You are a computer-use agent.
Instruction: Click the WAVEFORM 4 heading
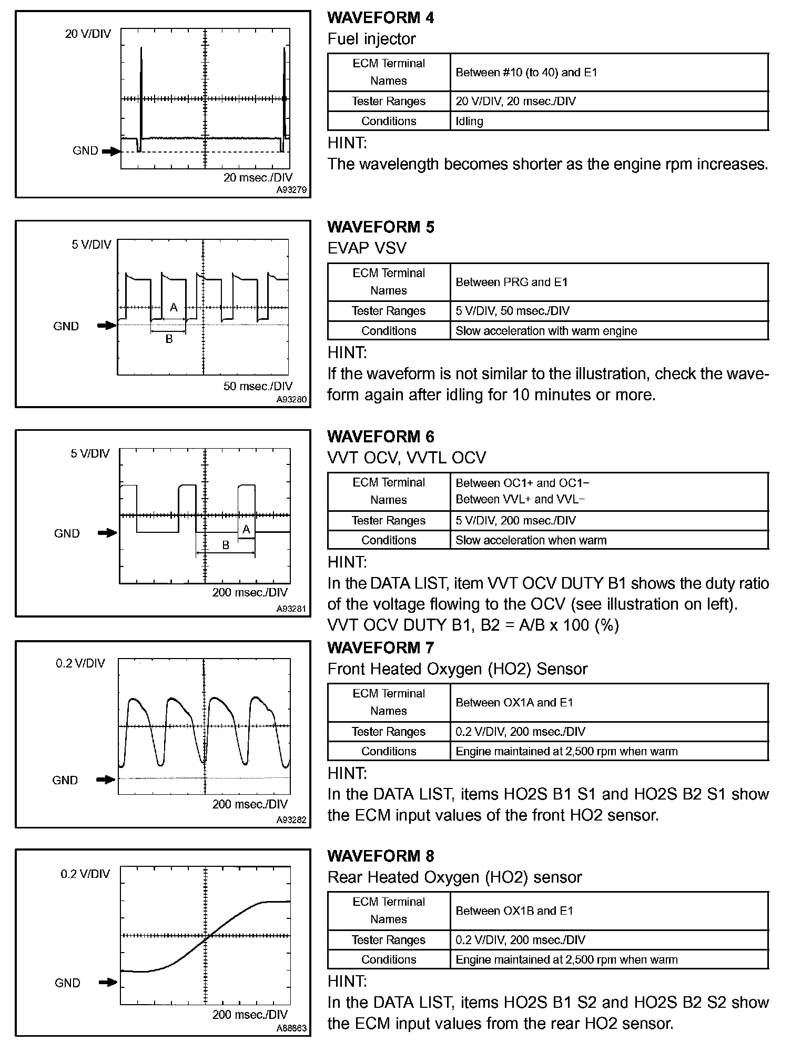coord(381,17)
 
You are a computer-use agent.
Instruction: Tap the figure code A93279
coord(291,190)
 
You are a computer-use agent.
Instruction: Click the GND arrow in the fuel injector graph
coord(111,151)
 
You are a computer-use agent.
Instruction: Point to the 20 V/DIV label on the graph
coord(88,34)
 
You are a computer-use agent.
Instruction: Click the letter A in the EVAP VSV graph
coord(174,308)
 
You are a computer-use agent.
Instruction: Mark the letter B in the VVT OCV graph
coord(226,545)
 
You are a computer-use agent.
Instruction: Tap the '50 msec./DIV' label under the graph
coord(258,386)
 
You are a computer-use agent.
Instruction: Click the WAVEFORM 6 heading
coord(381,437)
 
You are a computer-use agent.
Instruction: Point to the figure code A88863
coord(291,1028)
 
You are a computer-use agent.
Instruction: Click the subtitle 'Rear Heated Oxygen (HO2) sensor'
coord(454,877)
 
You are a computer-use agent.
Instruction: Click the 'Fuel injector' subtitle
coord(371,39)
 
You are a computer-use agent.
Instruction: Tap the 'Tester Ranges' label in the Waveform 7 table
coord(389,732)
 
